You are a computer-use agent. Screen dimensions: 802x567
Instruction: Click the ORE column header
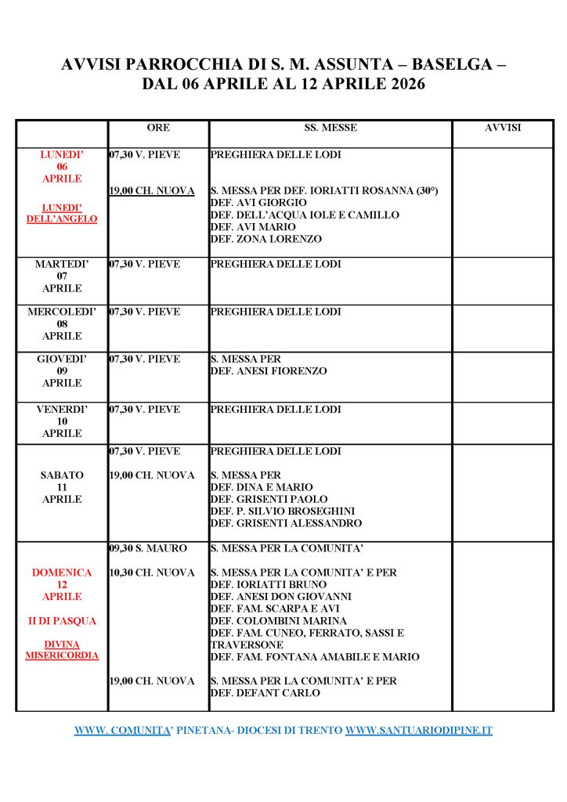click(158, 128)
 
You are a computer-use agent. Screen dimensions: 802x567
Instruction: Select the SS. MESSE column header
click(330, 128)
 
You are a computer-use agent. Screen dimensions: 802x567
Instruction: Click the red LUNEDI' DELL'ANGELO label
click(62, 213)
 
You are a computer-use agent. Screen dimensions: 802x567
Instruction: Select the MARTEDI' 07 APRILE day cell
click(62, 276)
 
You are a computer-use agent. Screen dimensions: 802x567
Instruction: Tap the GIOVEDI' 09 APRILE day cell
click(62, 371)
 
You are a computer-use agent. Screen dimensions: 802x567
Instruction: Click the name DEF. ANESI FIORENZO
click(269, 371)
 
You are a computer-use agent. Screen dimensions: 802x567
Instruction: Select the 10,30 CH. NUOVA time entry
click(152, 573)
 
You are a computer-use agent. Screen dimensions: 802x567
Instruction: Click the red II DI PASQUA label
click(62, 621)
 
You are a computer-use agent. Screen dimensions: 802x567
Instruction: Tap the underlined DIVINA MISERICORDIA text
click(62, 649)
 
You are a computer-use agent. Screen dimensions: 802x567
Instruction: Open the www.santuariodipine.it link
click(419, 730)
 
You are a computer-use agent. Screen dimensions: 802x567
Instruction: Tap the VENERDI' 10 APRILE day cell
click(62, 421)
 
